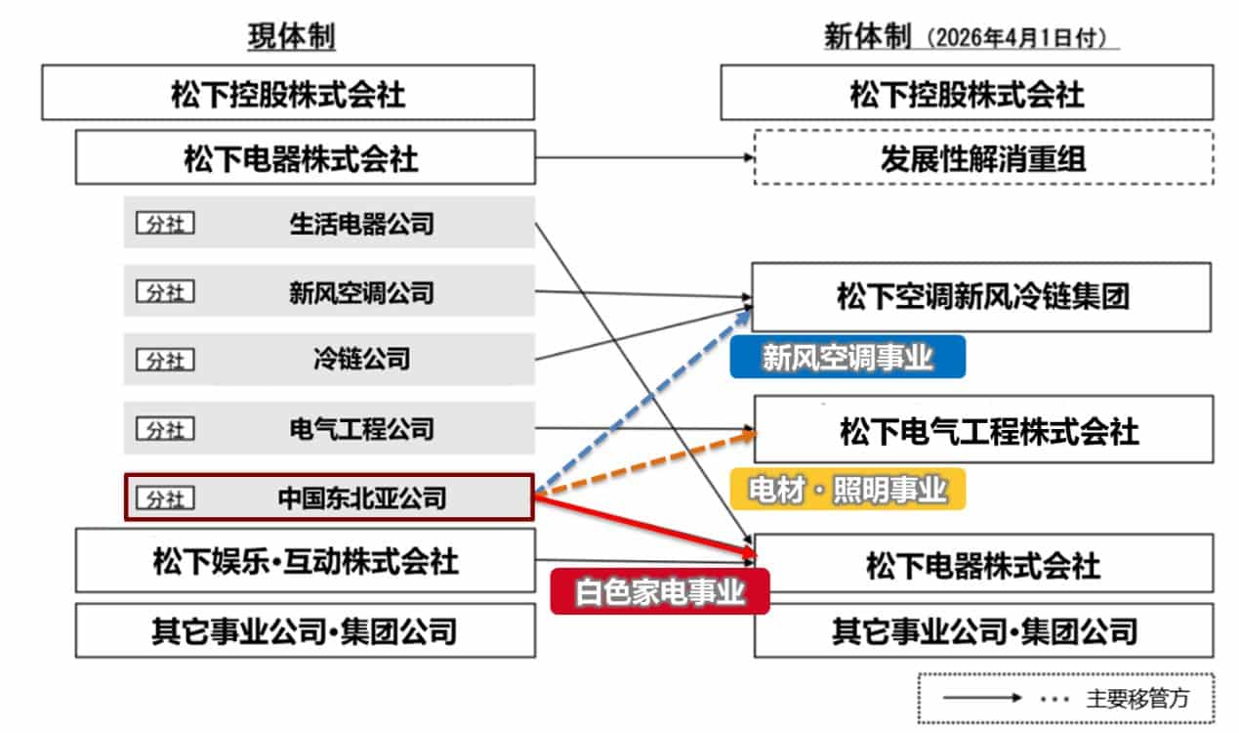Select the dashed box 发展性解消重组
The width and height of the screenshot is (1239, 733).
[x=982, y=157]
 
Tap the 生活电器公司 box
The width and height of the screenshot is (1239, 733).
[x=329, y=225]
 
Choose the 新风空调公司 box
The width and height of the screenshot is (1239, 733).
[x=329, y=291]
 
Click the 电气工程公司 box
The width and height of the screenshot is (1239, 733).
[x=329, y=428]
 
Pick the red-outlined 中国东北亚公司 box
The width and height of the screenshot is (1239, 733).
[x=329, y=497]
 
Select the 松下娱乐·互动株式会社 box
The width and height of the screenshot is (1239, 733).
[x=305, y=560]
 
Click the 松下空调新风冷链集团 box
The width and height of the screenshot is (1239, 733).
[x=982, y=296]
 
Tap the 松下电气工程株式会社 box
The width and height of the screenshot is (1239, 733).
[x=984, y=429]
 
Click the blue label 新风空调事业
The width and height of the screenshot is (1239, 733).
[x=847, y=358]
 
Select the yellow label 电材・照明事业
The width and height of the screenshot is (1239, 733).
[x=847, y=490]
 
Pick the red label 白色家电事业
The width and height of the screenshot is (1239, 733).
[x=660, y=592]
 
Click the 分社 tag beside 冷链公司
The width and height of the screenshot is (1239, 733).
[x=165, y=361]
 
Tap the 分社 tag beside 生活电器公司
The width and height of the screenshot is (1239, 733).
[x=165, y=225]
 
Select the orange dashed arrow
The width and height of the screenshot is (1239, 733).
[x=644, y=460]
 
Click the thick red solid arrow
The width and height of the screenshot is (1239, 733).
[x=644, y=525]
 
